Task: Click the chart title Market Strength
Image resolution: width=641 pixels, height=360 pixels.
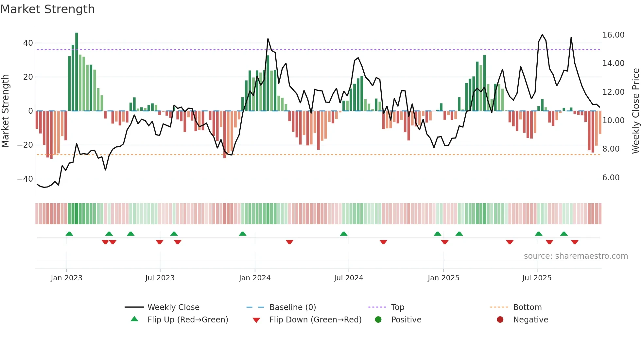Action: (47, 9)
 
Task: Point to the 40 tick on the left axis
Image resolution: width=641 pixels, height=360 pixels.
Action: (28, 43)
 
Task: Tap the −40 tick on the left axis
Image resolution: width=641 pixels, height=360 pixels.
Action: (26, 179)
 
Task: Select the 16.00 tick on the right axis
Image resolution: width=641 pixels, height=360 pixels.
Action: (613, 35)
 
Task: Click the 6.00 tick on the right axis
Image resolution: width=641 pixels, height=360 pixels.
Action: (611, 178)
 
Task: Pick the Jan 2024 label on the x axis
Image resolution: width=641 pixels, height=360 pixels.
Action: (255, 278)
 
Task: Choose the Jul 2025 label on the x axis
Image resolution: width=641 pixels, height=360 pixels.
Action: (537, 278)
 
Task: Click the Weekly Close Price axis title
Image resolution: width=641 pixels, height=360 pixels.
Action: (635, 111)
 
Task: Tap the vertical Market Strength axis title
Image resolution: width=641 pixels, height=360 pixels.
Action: (6, 111)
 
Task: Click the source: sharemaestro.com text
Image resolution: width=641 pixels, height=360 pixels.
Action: (576, 256)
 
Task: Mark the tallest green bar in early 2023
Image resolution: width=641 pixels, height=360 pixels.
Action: (77, 72)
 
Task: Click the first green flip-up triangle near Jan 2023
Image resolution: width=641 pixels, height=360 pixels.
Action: (69, 234)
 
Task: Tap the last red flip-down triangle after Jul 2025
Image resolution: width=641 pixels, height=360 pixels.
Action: (575, 242)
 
